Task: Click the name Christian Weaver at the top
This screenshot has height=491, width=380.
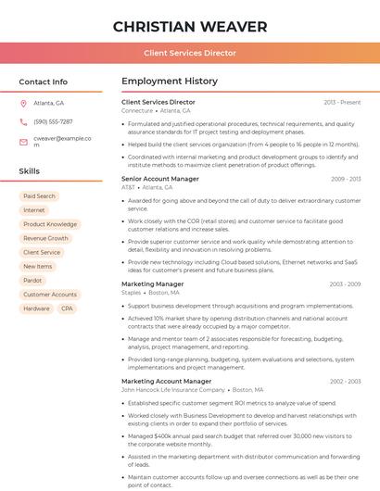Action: click(190, 27)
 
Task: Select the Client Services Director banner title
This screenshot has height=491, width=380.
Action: click(190, 54)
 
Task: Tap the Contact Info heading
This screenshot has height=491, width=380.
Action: click(43, 82)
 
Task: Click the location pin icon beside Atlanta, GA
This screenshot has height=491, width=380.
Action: click(24, 103)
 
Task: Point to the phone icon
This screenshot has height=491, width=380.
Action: click(24, 121)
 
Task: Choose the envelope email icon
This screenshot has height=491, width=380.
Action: click(24, 141)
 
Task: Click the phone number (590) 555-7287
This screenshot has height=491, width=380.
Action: click(53, 121)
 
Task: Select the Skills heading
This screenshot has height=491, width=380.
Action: click(29, 171)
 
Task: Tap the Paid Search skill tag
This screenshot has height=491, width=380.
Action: click(39, 196)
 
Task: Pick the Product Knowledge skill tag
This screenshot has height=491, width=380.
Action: click(50, 224)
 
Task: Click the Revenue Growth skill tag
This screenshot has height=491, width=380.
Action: click(46, 238)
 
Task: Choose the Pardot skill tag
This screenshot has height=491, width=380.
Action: click(32, 280)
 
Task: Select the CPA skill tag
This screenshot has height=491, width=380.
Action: click(67, 308)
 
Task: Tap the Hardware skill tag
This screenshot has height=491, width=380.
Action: click(36, 308)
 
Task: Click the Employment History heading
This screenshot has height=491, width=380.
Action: click(170, 82)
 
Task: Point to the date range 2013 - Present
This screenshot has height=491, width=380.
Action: click(342, 102)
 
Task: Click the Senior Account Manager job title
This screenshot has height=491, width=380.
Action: click(159, 179)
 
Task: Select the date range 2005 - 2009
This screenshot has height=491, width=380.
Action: click(345, 284)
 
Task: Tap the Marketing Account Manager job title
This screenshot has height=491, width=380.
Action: click(166, 381)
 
